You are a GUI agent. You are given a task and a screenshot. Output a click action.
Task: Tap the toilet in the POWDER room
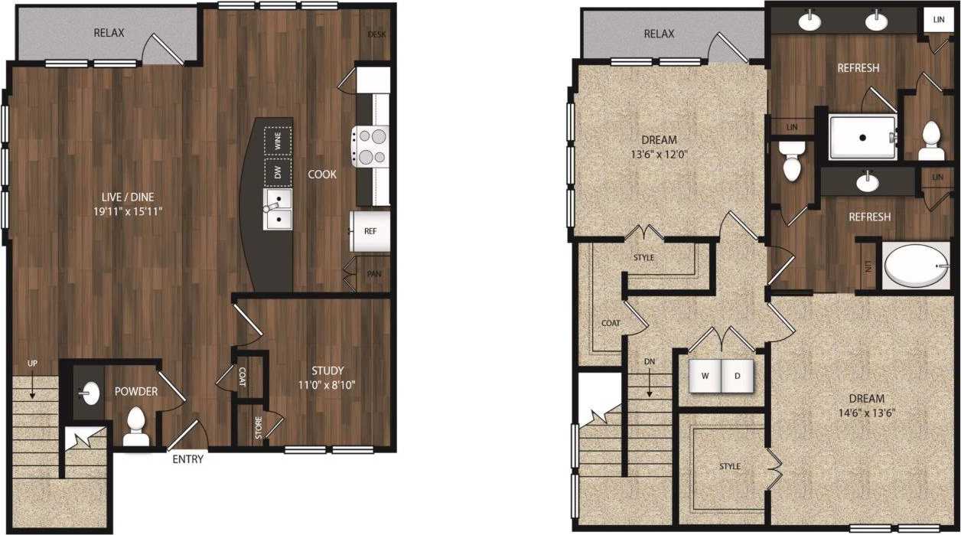click(136, 427)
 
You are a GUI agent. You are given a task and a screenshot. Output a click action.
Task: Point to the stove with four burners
click(370, 146)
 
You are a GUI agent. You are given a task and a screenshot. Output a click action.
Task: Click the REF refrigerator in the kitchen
click(370, 230)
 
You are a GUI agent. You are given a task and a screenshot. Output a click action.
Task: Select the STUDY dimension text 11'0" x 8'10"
click(327, 385)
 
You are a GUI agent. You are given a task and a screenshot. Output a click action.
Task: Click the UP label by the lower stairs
click(32, 363)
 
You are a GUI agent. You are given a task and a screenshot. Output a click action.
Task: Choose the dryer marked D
click(738, 375)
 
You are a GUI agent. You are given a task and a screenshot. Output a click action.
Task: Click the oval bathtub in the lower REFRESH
click(916, 266)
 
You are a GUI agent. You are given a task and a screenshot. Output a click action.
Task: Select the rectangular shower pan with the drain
click(862, 138)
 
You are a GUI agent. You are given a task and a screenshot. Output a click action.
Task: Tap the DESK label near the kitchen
click(376, 34)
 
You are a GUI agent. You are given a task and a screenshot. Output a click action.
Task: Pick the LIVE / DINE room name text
click(126, 196)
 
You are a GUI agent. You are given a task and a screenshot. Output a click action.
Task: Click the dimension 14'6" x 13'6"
click(866, 413)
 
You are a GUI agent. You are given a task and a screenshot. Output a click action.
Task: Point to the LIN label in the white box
click(938, 18)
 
